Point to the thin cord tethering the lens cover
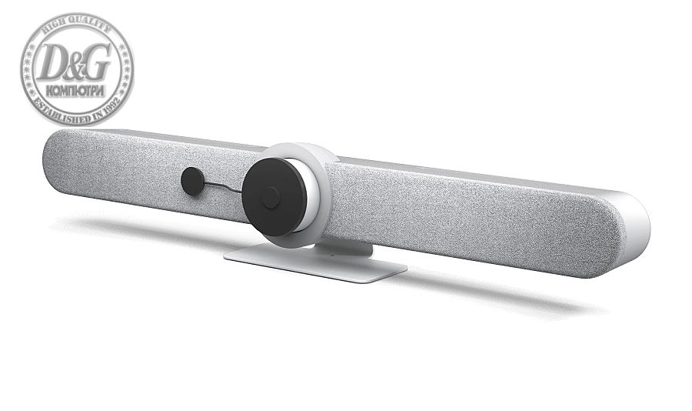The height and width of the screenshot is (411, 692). pyautogui.click(x=223, y=186)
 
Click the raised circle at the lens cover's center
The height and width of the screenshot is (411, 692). pyautogui.click(x=270, y=199)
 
